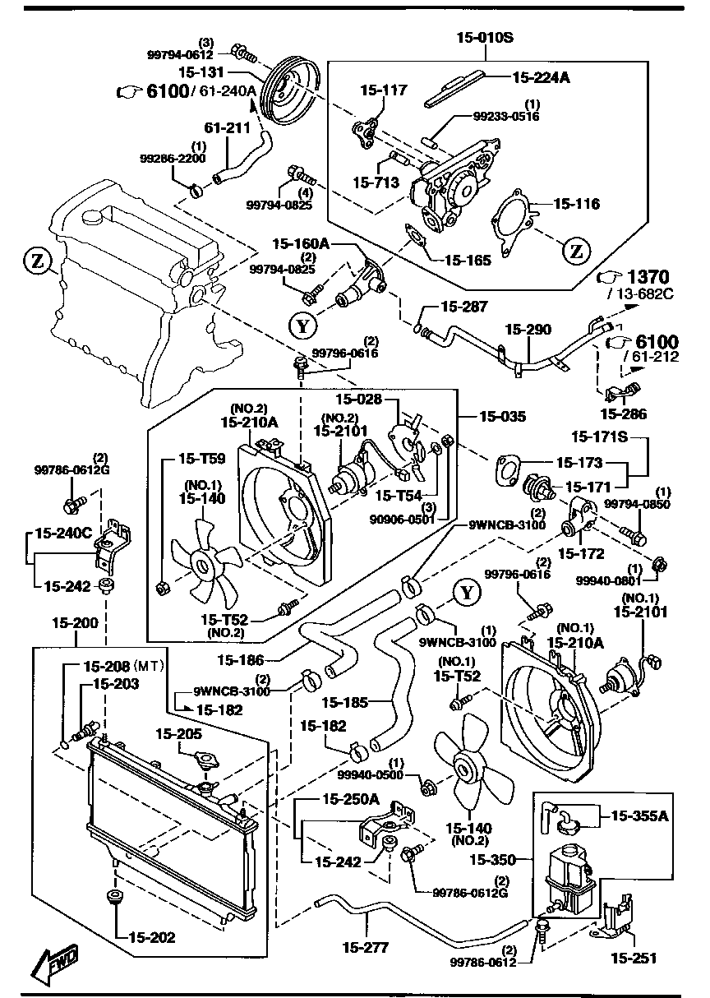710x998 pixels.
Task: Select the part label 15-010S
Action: click(485, 37)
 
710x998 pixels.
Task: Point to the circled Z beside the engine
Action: click(36, 262)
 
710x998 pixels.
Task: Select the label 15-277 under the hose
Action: click(364, 948)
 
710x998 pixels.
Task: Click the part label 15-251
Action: click(633, 958)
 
